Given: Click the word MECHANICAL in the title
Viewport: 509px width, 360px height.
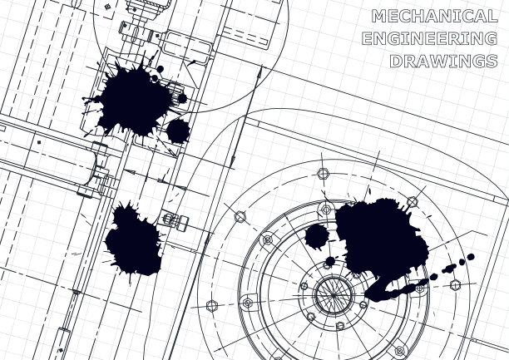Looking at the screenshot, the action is (x=435, y=16).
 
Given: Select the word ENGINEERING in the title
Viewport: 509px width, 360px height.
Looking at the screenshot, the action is (x=429, y=38).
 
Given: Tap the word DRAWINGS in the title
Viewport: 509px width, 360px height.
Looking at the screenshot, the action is (x=443, y=61).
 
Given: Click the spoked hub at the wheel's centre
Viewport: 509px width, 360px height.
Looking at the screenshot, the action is (x=334, y=295).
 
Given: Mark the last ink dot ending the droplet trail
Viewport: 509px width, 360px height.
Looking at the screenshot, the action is (x=471, y=257).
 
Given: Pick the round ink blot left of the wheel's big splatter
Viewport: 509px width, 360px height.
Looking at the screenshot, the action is (x=317, y=237).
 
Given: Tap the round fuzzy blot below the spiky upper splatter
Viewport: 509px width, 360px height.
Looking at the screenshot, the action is (x=178, y=131).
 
